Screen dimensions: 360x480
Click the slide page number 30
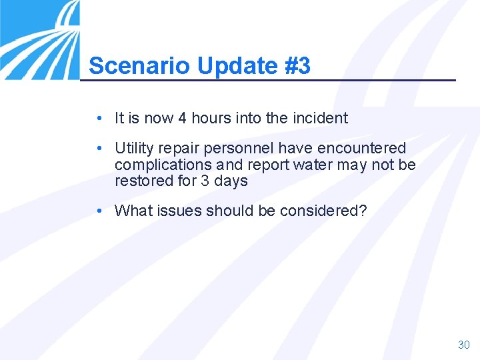point(464,345)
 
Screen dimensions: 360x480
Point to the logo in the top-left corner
point(39,39)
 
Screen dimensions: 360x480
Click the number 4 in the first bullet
point(182,119)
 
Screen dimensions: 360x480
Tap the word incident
point(319,119)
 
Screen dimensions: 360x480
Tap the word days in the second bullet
point(231,181)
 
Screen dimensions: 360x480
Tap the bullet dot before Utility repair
point(98,148)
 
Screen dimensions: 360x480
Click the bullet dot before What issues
point(98,211)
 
